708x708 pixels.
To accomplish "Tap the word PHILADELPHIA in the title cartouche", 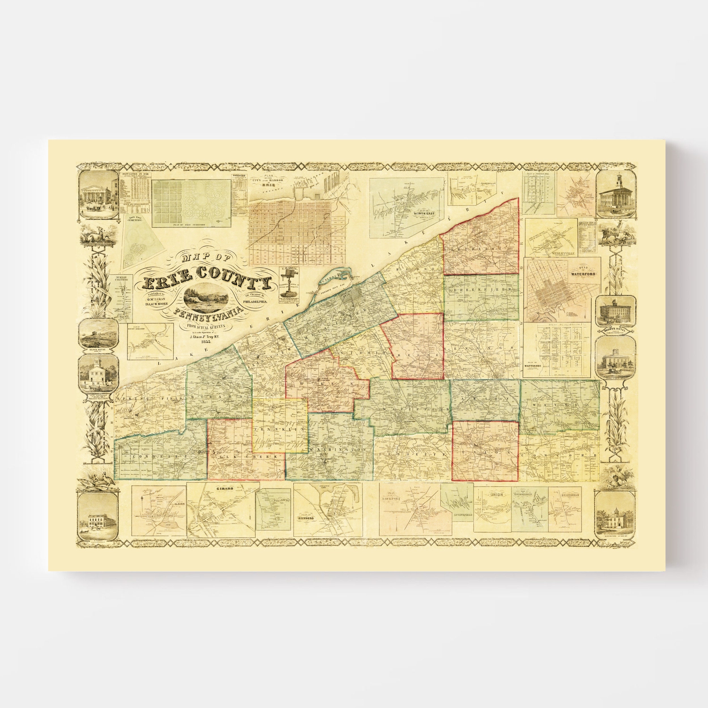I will pos(257,299).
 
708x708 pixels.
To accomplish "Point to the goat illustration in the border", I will pos(615,234).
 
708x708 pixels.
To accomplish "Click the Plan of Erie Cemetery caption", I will pos(191,224).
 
